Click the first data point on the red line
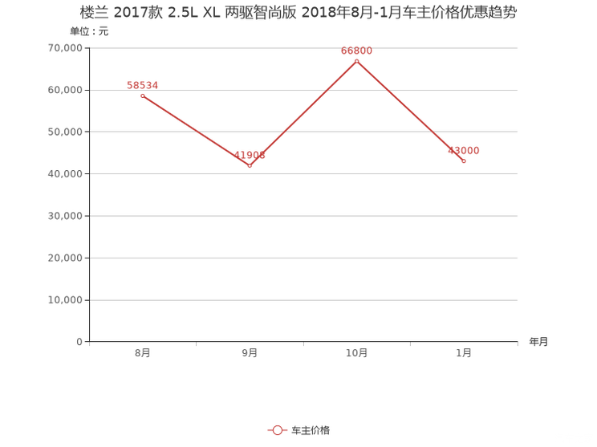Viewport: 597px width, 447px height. pos(142,95)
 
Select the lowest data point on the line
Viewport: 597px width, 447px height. pos(250,166)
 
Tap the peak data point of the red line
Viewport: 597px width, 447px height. pos(356,61)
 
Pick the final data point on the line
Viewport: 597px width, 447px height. pos(464,162)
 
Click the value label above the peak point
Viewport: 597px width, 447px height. pos(356,50)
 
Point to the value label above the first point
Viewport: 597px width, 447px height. pos(142,83)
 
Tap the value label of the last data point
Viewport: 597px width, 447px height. pos(465,150)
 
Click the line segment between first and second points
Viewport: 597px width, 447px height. pos(196,131)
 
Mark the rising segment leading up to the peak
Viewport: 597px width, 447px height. pos(303,113)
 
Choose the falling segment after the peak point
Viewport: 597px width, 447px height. pos(410,112)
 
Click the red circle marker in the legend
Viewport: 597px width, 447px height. pos(277,431)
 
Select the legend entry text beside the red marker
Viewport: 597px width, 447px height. pos(310,431)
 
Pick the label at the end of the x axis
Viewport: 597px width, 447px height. pos(538,342)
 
